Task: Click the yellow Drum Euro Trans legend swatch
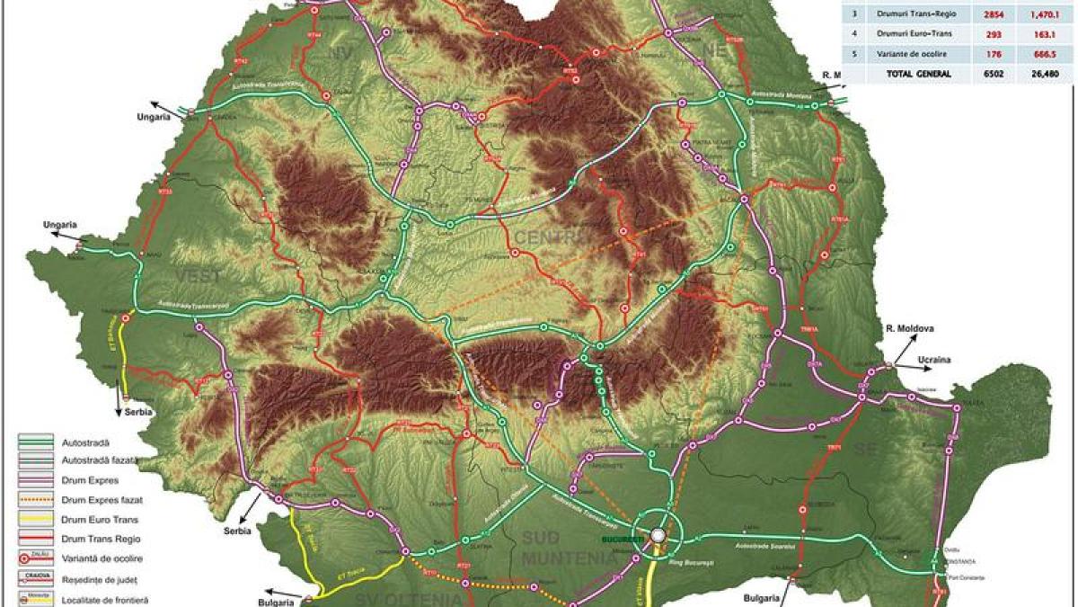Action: point(36,520)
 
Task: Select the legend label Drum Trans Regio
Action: point(92,539)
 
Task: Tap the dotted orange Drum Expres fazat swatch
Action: point(36,500)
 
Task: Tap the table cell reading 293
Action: point(985,33)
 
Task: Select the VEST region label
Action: point(191,274)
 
